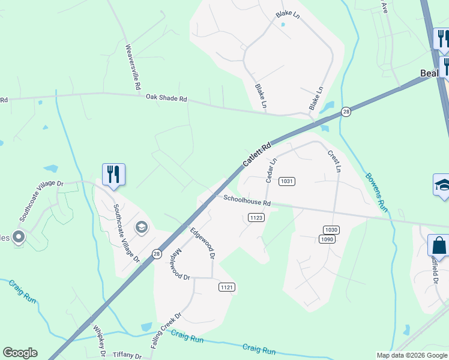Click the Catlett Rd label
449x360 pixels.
pos(257,155)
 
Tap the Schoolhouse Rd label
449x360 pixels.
pos(247,201)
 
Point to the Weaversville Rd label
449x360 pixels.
pos(132,67)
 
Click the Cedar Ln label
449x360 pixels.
pos(270,170)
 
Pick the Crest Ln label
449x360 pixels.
pos(334,161)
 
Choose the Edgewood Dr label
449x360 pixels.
pos(202,242)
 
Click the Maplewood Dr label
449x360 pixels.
pos(179,265)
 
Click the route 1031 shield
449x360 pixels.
pos(288,181)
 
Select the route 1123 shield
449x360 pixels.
pos(256,218)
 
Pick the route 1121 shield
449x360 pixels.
pos(226,288)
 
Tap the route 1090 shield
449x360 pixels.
pos(327,239)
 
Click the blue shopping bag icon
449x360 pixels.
pos(438,246)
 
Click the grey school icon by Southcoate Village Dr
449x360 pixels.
pos(142,227)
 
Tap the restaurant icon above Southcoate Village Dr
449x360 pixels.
pos(113,175)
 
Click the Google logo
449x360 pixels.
pos(20,353)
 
